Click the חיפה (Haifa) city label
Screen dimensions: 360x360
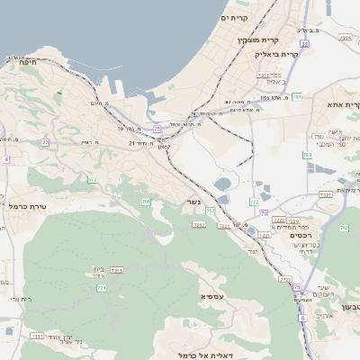coord(26,61)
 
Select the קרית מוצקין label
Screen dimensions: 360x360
coord(259,40)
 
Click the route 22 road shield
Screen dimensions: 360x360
coord(304,43)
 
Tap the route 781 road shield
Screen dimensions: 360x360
coord(296,96)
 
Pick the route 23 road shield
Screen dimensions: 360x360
coord(45,142)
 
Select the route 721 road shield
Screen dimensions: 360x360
coord(102,287)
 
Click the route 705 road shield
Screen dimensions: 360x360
coord(146,202)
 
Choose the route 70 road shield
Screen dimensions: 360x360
coord(265,213)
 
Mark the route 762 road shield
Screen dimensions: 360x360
coord(344,228)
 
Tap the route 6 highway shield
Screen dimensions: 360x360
coord(302,318)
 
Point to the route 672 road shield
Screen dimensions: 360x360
coord(92,179)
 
